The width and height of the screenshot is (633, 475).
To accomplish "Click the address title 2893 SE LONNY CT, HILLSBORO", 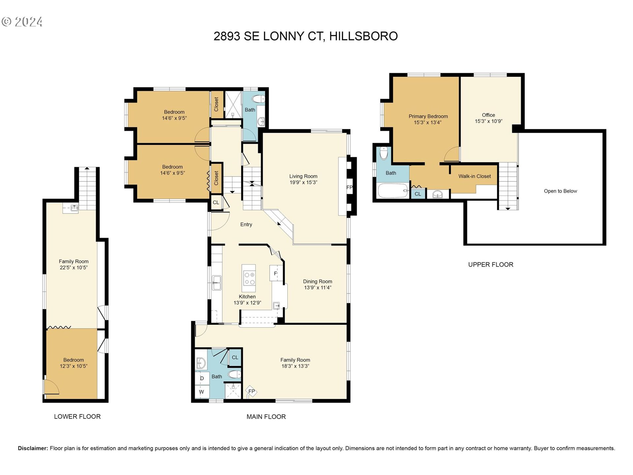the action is pyautogui.click(x=306, y=36).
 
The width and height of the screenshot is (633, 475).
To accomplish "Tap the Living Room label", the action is pyautogui.click(x=303, y=176).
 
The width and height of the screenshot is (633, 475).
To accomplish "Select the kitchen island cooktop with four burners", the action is pyautogui.click(x=249, y=278).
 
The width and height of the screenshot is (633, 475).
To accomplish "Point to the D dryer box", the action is pyautogui.click(x=202, y=378).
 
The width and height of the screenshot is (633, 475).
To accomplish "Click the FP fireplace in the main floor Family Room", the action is pyautogui.click(x=251, y=391).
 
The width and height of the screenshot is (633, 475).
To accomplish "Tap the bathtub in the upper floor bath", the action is pyautogui.click(x=393, y=191).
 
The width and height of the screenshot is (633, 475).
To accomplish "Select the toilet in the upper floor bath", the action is pyautogui.click(x=384, y=153).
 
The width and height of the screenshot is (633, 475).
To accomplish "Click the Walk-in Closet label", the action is pyautogui.click(x=474, y=176).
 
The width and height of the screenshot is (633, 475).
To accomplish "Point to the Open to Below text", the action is pyautogui.click(x=560, y=191).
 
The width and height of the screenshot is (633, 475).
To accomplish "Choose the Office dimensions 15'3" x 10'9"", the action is pyautogui.click(x=488, y=121).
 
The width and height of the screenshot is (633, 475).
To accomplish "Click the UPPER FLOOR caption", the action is pyautogui.click(x=491, y=265).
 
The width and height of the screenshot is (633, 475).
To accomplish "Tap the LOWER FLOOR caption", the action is pyautogui.click(x=77, y=417).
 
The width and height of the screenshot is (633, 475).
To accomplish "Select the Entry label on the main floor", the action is pyautogui.click(x=246, y=224).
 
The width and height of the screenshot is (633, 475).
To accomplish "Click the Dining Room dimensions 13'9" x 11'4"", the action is pyautogui.click(x=317, y=287).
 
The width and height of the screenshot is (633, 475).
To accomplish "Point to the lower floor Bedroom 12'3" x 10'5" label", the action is pyautogui.click(x=74, y=363).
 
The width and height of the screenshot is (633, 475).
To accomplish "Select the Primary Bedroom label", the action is pyautogui.click(x=428, y=116).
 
